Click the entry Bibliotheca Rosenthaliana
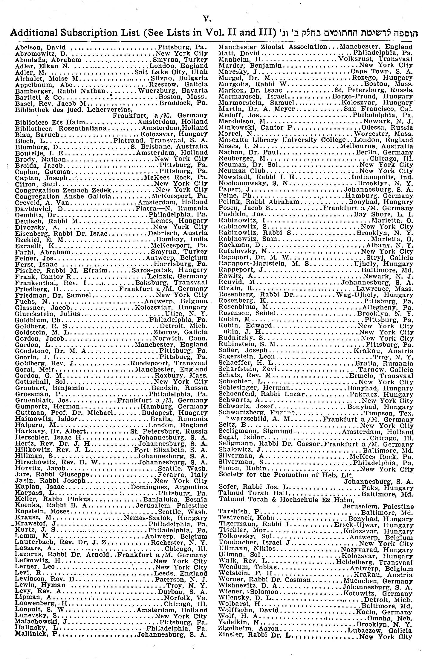coord(61,128)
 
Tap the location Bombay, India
coord(182,240)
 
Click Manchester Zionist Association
coord(273,47)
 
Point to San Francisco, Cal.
coord(378,109)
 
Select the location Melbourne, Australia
coord(377,146)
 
